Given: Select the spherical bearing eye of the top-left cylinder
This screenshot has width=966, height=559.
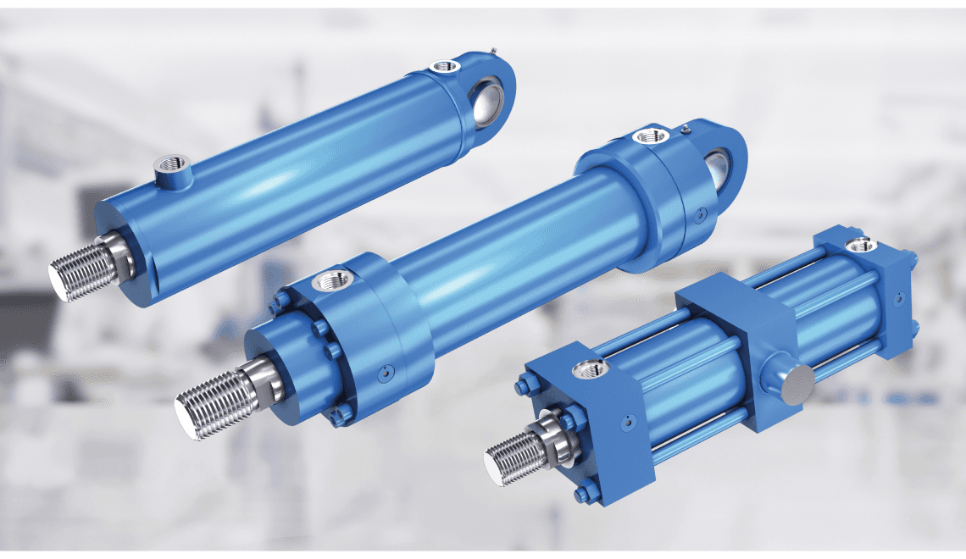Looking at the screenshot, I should point(490,99).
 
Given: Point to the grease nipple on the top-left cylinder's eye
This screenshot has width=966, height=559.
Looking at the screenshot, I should point(492,53).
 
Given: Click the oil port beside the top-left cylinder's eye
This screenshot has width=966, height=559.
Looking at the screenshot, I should point(443,66).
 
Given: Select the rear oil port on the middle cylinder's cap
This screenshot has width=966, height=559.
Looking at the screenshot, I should point(651,136).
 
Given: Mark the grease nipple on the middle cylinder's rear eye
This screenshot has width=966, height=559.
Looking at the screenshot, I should point(685,129).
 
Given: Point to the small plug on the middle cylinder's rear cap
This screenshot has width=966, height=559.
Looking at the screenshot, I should point(698,217).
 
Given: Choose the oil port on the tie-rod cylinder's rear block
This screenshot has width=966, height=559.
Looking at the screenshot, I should point(862,246).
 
